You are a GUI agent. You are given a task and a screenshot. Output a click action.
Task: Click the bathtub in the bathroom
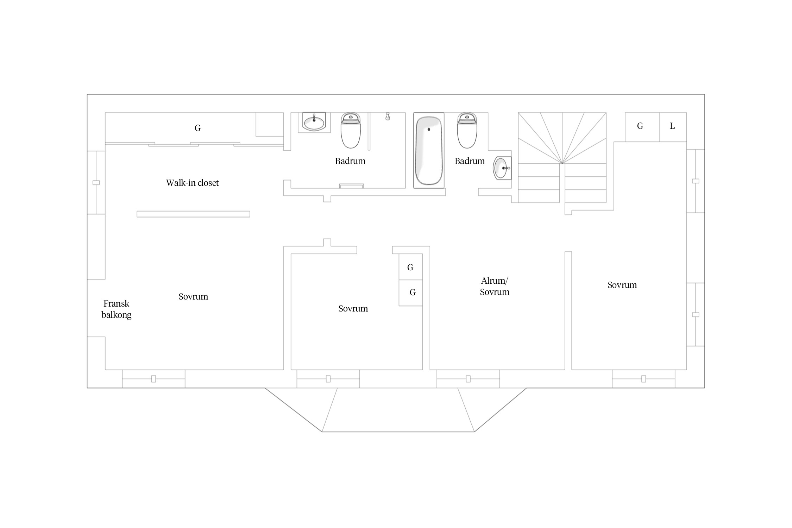tap(429, 151)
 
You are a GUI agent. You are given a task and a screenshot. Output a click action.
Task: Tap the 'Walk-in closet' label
tap(192, 183)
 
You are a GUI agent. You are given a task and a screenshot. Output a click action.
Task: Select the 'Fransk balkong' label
tap(116, 309)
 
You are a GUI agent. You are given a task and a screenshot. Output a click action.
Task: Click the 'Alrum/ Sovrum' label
tap(495, 286)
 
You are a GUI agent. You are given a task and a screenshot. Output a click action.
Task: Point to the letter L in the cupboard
tap(672, 126)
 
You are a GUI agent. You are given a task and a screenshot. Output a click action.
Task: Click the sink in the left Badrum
tap(314, 122)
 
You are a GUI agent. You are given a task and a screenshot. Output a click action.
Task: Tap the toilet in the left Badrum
tap(351, 130)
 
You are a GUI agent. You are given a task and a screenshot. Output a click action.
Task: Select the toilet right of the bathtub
tap(467, 130)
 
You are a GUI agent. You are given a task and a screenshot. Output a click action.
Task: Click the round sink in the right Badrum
tap(502, 168)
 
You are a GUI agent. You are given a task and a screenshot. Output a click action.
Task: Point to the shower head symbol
tap(388, 117)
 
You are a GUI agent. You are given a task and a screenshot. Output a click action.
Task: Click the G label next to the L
tap(640, 126)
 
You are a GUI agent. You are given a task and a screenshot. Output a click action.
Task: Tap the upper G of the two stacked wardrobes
tap(410, 268)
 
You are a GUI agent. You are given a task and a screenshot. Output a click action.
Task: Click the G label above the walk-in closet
tap(197, 128)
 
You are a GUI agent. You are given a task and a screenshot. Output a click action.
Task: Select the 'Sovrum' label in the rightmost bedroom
tap(622, 285)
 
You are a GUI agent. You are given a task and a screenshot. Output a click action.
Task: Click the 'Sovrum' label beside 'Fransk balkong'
tap(193, 296)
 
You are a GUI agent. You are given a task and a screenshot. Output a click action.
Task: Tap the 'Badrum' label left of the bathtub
tap(350, 161)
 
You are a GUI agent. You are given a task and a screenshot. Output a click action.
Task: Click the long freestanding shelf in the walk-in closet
tap(193, 214)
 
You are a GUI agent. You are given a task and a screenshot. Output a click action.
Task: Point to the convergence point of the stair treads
tap(562, 163)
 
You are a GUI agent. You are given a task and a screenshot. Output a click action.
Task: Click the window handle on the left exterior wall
tap(96, 183)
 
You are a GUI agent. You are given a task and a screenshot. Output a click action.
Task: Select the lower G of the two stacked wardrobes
tap(413, 293)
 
